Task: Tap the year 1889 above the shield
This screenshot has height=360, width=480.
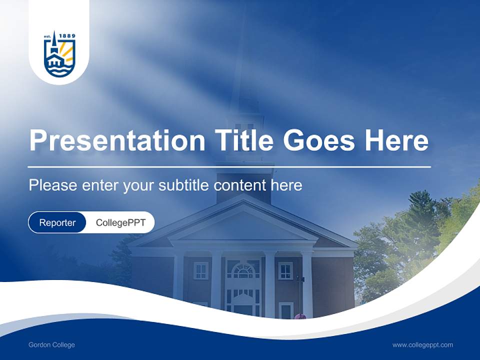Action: (66, 36)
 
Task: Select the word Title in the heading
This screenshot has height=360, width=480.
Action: (244, 140)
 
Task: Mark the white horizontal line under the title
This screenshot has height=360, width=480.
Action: (229, 166)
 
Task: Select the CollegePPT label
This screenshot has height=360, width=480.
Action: (120, 222)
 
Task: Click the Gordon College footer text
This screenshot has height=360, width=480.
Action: (51, 345)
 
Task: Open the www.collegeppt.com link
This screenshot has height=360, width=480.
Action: (422, 345)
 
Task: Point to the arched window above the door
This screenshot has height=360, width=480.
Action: (243, 270)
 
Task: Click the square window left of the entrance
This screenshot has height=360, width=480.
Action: (200, 270)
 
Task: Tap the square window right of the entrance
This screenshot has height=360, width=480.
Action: (285, 270)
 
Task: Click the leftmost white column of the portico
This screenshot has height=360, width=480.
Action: (178, 282)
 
